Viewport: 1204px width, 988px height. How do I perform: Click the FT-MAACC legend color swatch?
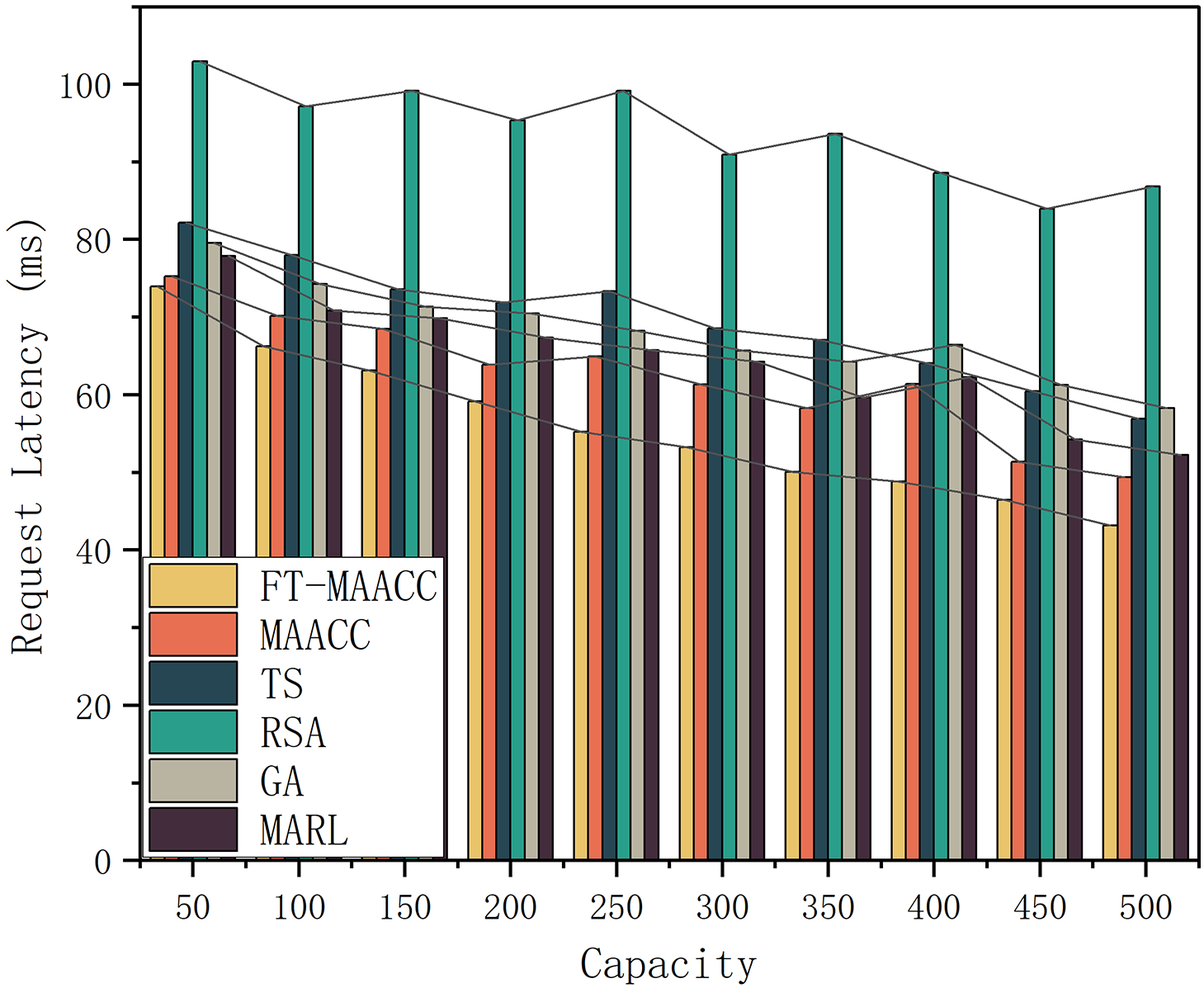(x=193, y=585)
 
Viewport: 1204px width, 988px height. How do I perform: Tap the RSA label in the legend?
(x=293, y=732)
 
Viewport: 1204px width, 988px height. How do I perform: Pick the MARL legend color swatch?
(x=193, y=830)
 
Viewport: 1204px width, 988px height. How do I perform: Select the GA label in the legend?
(x=281, y=781)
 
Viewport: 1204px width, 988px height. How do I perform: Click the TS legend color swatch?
(x=193, y=683)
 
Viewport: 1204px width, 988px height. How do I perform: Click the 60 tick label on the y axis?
(x=93, y=396)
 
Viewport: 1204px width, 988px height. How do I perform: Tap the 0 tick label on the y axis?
(x=102, y=863)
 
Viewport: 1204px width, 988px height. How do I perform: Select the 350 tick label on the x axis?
(x=828, y=908)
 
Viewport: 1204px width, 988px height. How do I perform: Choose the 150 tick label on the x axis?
(x=404, y=908)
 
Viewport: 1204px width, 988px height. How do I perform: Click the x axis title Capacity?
(x=668, y=964)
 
